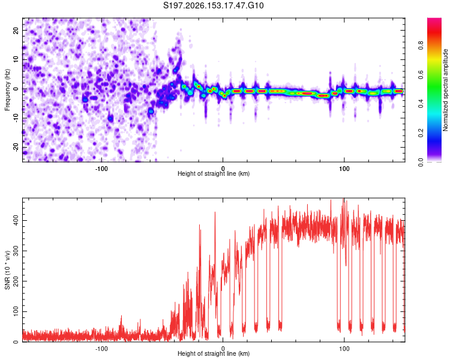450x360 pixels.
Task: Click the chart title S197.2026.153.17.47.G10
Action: [213, 5]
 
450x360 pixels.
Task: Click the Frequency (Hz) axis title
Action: [7, 90]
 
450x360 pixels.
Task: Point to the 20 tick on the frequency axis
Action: [16, 30]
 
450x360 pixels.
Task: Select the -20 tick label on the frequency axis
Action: [16, 148]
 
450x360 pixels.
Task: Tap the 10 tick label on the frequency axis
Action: [16, 59]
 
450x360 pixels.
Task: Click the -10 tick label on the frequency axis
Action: [16, 118]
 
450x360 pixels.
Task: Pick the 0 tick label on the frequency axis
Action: [16, 89]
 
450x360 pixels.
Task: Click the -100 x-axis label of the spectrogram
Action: [101, 169]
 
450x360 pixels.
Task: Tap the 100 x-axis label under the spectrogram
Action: [344, 169]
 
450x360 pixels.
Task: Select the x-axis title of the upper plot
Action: [214, 173]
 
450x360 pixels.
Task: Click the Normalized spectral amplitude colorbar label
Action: [445, 90]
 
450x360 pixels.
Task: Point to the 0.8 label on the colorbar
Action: [421, 46]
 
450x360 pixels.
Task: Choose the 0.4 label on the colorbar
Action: [421, 104]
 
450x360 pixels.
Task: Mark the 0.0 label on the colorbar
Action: [421, 163]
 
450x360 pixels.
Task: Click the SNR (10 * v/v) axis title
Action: [7, 270]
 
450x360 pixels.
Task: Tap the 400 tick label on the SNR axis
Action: [16, 220]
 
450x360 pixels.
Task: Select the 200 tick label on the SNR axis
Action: [16, 281]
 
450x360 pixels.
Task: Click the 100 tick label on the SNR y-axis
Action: [16, 311]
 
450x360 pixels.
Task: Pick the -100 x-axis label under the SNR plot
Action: [101, 349]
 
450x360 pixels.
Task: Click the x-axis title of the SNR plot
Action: [214, 353]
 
